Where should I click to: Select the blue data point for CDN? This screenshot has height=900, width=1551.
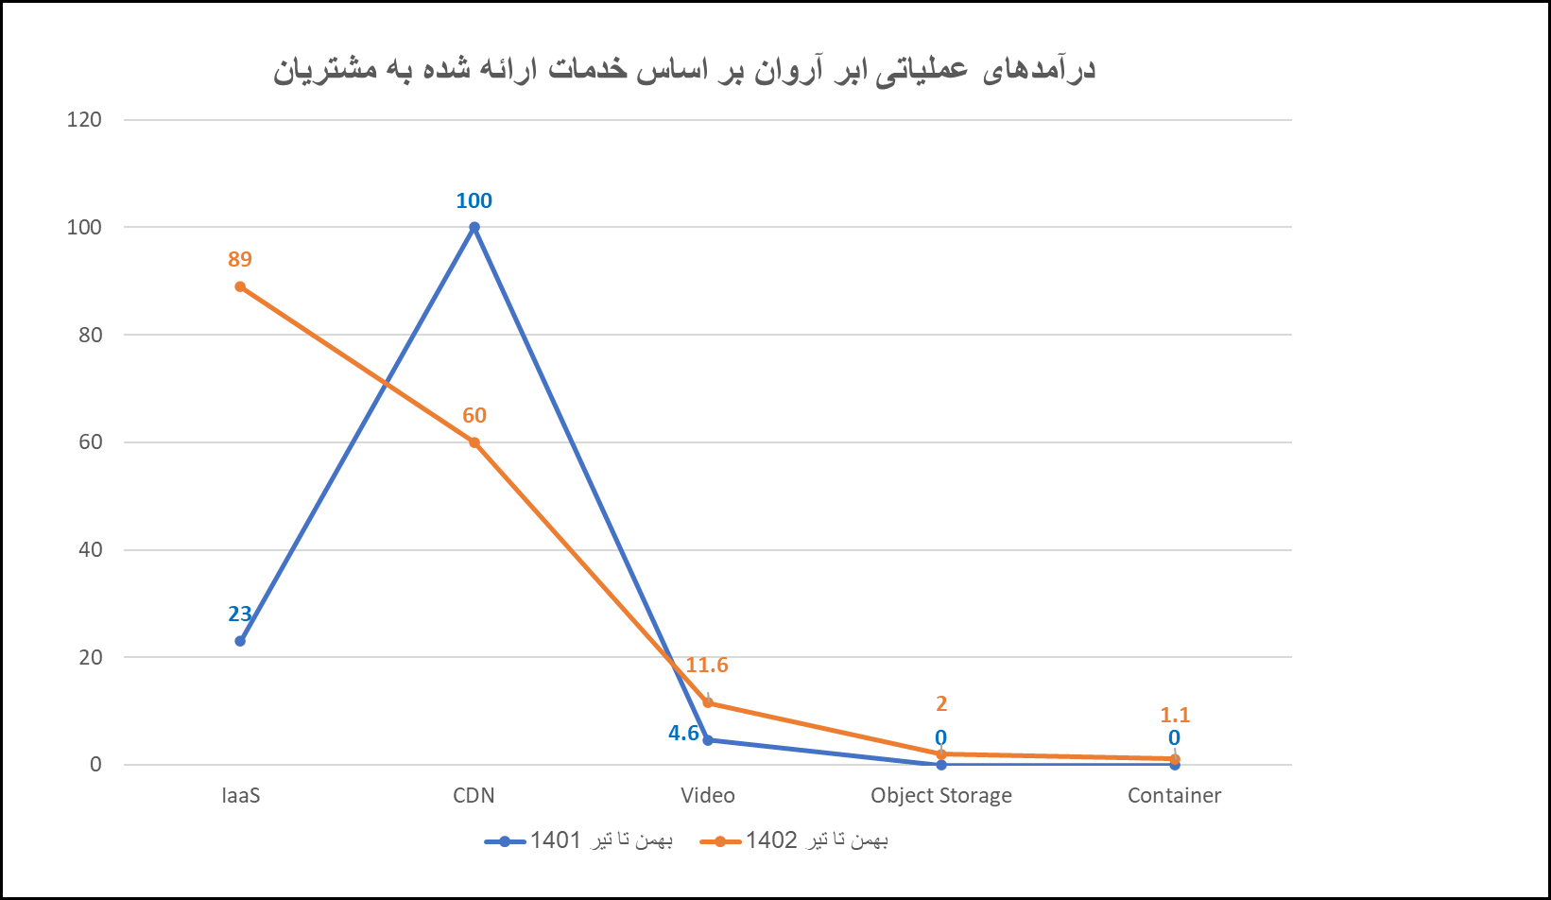click(474, 228)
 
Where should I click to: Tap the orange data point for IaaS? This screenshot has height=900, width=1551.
click(240, 286)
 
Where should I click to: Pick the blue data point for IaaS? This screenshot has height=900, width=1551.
click(240, 641)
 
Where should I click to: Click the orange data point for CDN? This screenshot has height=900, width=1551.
click(474, 442)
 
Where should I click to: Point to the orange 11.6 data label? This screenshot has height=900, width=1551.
click(707, 666)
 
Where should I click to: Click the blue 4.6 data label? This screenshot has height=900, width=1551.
click(683, 734)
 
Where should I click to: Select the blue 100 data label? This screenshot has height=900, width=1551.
click(474, 200)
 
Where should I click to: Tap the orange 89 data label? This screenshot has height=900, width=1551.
click(240, 259)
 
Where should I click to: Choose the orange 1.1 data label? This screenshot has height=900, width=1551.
click(1174, 716)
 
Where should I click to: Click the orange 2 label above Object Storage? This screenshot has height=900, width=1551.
click(940, 703)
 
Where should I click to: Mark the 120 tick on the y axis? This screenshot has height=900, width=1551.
click(83, 120)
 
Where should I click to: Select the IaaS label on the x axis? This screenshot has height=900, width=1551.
click(240, 795)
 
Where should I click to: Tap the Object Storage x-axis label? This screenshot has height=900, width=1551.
click(940, 795)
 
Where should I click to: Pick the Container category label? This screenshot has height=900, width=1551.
click(1174, 795)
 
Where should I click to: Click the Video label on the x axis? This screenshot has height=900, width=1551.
click(707, 795)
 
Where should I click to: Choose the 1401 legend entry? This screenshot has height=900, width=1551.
click(578, 840)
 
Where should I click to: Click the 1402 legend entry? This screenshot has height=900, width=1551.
click(794, 840)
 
